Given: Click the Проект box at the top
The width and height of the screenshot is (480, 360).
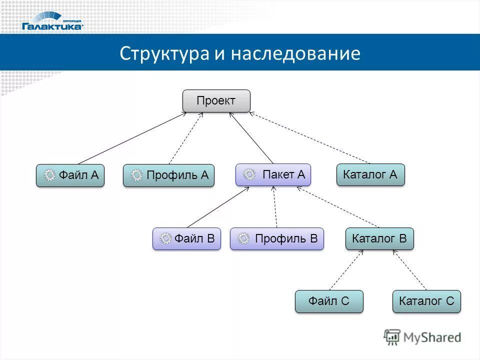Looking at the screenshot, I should tap(216, 101).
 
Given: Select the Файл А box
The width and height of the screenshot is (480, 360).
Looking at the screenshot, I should tap(70, 175).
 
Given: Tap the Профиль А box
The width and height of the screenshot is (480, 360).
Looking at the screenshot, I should tap(168, 175).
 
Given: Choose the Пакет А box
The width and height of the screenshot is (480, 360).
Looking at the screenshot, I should tap(273, 175).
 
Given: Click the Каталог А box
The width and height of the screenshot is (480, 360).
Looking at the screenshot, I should tap(370, 175).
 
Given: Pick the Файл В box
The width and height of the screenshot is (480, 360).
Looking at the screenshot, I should tap(186, 239).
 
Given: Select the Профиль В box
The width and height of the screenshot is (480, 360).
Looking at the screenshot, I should tap(277, 239).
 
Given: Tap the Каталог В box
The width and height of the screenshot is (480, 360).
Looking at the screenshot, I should tap(379, 239).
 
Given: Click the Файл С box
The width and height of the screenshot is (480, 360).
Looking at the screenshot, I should tap(329, 301).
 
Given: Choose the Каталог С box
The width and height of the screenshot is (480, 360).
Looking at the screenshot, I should tap(426, 301).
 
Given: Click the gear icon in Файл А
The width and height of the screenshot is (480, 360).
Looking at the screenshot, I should tap(49, 175).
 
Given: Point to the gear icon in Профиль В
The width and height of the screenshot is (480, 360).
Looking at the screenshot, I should tap(243, 239).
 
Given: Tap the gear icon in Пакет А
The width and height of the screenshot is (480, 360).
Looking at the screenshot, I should tap(249, 175).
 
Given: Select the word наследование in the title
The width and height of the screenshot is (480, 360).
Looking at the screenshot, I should tap(295, 53).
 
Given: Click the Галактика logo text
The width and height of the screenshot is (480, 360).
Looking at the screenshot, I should tap(52, 26).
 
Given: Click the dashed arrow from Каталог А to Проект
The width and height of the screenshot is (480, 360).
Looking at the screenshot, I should tap(310, 138).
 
